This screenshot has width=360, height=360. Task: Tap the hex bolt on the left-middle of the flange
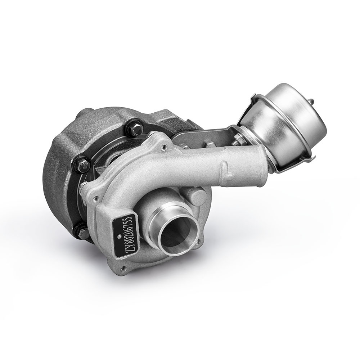pyautogui.click(x=84, y=165)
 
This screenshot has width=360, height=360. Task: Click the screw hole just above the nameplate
pyautogui.click(x=95, y=198)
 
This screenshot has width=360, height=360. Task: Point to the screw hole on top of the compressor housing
pyautogui.click(x=164, y=146)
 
